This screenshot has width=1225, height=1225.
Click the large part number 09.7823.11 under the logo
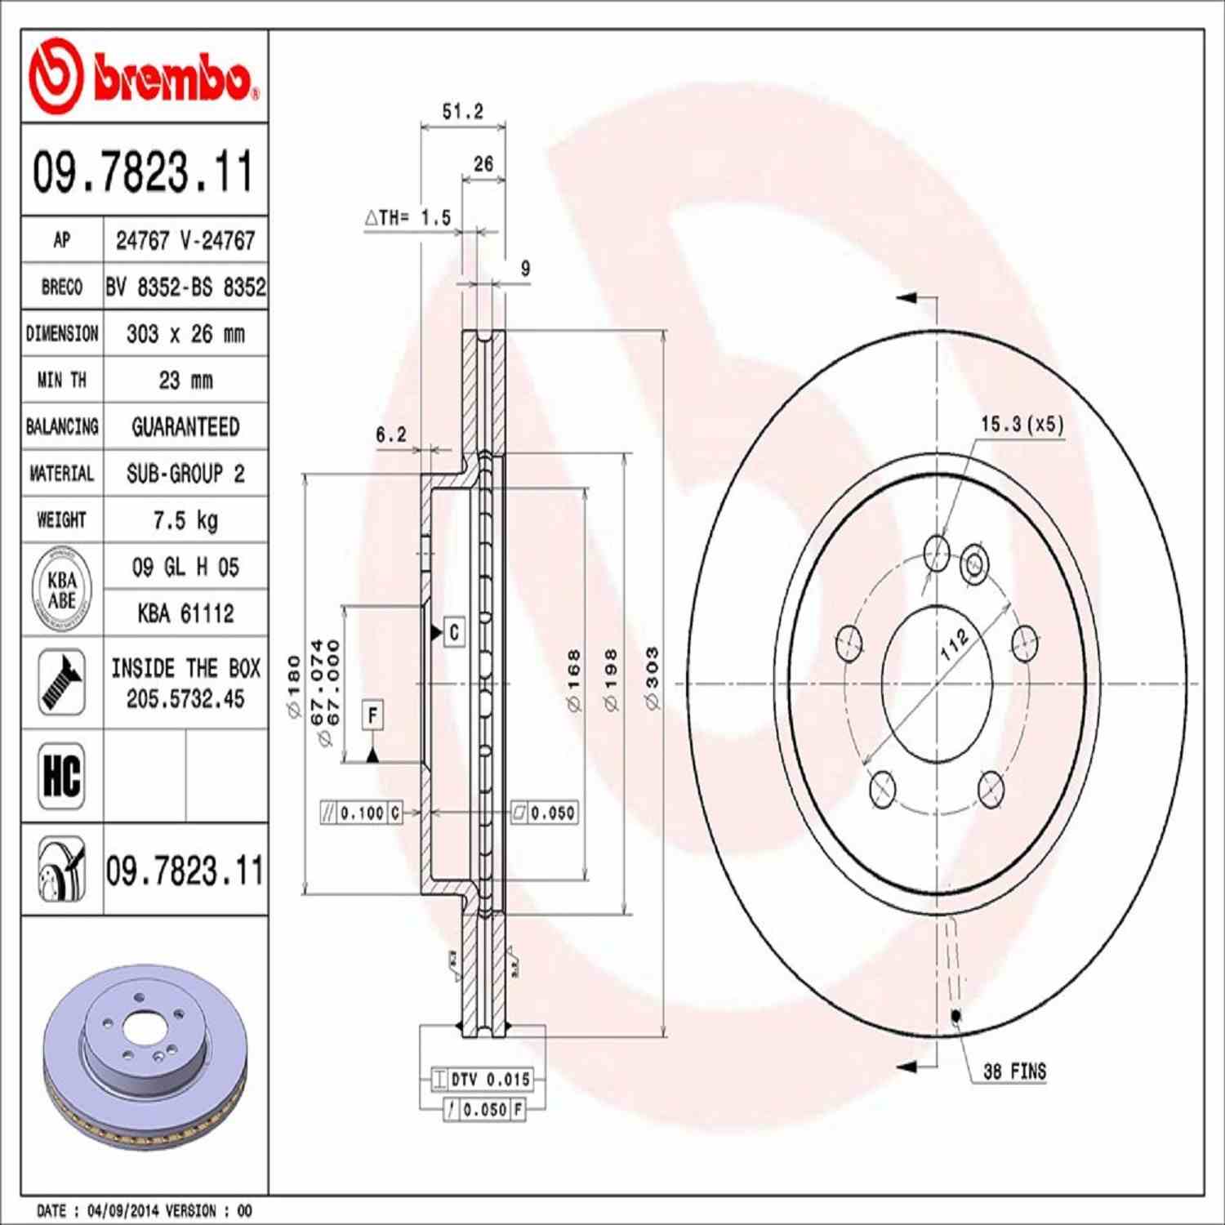click(x=144, y=171)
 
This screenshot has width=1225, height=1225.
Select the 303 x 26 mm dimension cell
click(x=185, y=334)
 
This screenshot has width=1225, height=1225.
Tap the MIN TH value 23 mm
click(x=185, y=381)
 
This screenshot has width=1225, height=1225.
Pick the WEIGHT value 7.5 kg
click(x=185, y=520)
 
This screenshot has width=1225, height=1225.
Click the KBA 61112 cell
click(x=185, y=613)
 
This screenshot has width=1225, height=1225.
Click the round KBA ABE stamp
click(x=62, y=590)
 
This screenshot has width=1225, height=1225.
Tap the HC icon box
click(x=62, y=776)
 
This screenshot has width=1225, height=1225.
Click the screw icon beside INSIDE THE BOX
click(x=62, y=683)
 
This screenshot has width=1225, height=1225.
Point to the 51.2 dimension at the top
click(x=462, y=111)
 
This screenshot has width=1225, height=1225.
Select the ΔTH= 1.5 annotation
click(x=408, y=218)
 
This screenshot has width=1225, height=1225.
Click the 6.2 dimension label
click(x=390, y=434)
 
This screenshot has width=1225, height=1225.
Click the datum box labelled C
click(x=454, y=632)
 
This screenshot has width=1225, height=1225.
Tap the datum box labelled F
click(x=372, y=715)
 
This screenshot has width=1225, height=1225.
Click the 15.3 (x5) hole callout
click(x=1022, y=424)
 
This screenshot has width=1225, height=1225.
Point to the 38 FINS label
click(x=1014, y=1071)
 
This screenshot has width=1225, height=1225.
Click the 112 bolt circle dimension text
click(x=954, y=644)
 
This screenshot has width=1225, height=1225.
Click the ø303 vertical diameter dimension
click(x=652, y=678)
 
